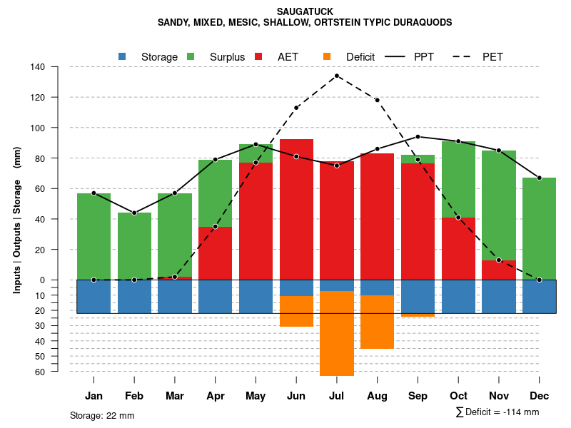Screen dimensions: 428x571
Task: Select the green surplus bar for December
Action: tap(539, 228)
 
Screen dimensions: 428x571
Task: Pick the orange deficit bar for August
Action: tap(377, 322)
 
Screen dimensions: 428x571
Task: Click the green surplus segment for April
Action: tap(215, 193)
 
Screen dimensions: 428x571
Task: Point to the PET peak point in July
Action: tap(337, 76)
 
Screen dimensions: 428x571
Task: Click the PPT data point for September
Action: tap(418, 136)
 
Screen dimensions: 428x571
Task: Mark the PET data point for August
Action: tap(377, 100)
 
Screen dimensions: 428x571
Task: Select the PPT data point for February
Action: tap(134, 213)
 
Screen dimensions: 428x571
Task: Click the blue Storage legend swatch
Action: tap(122, 56)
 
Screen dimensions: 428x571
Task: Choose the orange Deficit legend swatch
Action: tap(327, 56)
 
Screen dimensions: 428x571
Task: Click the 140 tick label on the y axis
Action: tap(38, 67)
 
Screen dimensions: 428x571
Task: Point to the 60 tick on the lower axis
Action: tap(40, 372)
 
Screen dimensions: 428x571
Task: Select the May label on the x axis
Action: tap(256, 396)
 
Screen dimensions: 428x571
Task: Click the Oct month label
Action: tap(458, 396)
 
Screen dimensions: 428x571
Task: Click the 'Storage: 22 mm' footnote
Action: tap(102, 415)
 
